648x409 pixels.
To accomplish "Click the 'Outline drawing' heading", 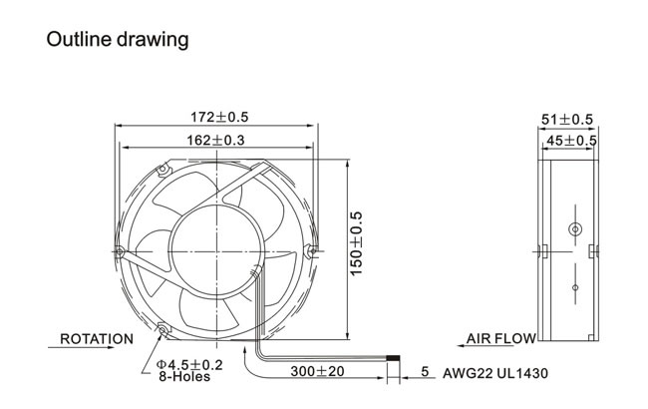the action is pyautogui.click(x=118, y=40).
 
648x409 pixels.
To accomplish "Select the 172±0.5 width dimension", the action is pyautogui.click(x=219, y=117).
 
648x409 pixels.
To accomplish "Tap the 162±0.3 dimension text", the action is pyautogui.click(x=215, y=141).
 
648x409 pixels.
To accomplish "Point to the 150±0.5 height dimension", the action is pyautogui.click(x=356, y=243).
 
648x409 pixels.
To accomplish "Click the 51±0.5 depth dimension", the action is pyautogui.click(x=567, y=120).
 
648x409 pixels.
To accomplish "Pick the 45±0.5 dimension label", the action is pyautogui.click(x=571, y=141).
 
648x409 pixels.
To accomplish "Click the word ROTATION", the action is pyautogui.click(x=97, y=339).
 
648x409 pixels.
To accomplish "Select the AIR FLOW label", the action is pyautogui.click(x=500, y=339).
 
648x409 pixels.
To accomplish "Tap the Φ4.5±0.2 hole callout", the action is pyautogui.click(x=189, y=365).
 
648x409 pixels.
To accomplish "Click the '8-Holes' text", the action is pyautogui.click(x=184, y=377).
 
